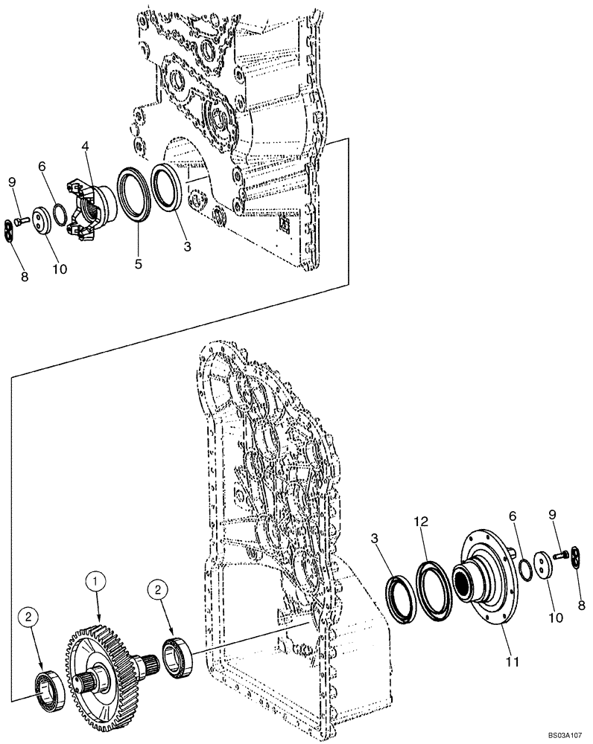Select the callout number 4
click(x=86, y=149)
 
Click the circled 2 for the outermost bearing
click(x=28, y=618)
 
